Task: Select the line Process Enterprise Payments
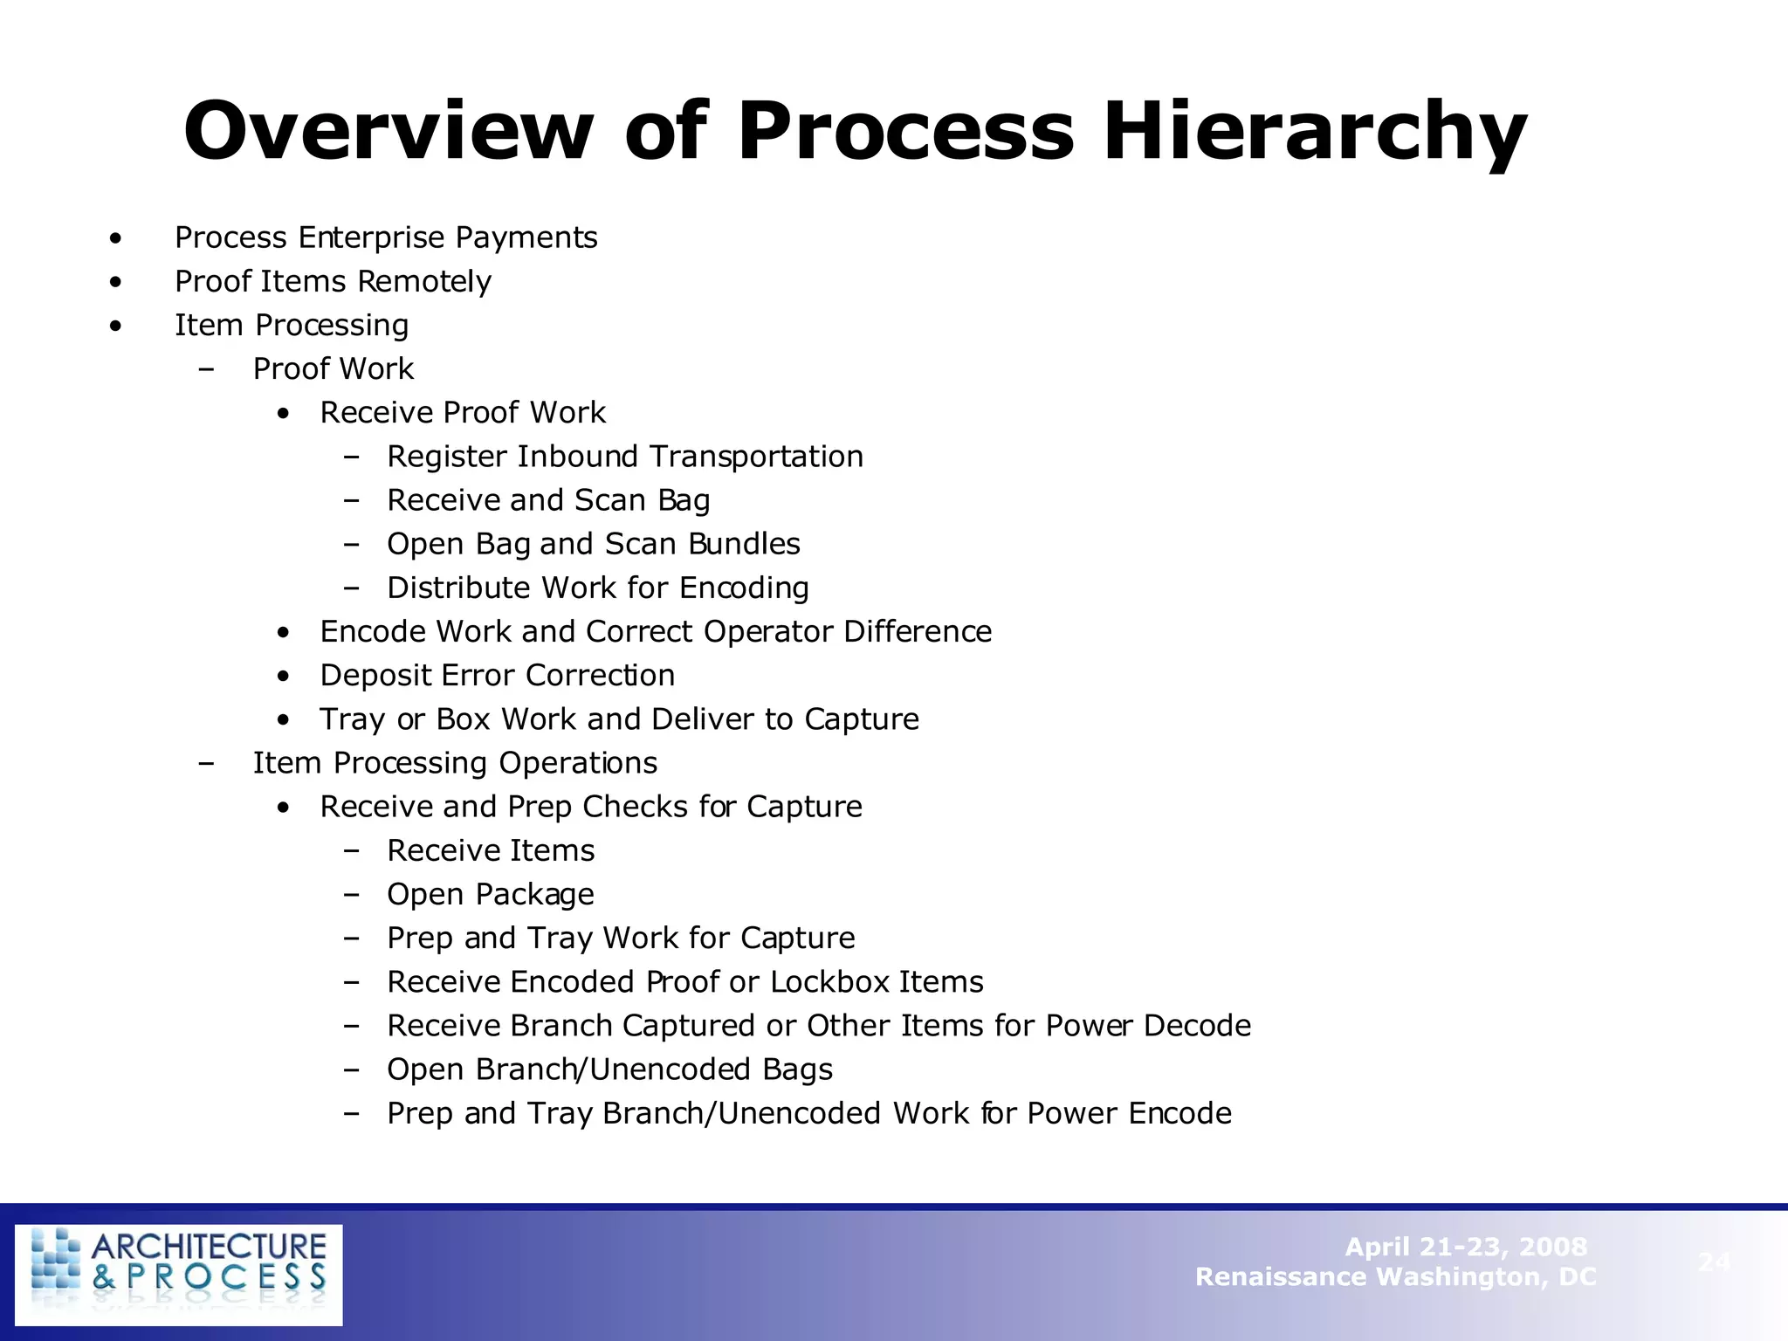385,237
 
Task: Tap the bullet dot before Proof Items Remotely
116,282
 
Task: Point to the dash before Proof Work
206,369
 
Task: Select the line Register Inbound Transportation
624,457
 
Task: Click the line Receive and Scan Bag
548,500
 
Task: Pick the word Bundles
744,544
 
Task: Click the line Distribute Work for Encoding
597,588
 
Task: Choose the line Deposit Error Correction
497,675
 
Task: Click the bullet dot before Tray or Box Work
283,719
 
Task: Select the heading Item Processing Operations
455,763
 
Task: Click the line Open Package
490,894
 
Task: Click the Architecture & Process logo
179,1274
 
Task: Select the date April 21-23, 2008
1465,1247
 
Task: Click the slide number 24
1714,1262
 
